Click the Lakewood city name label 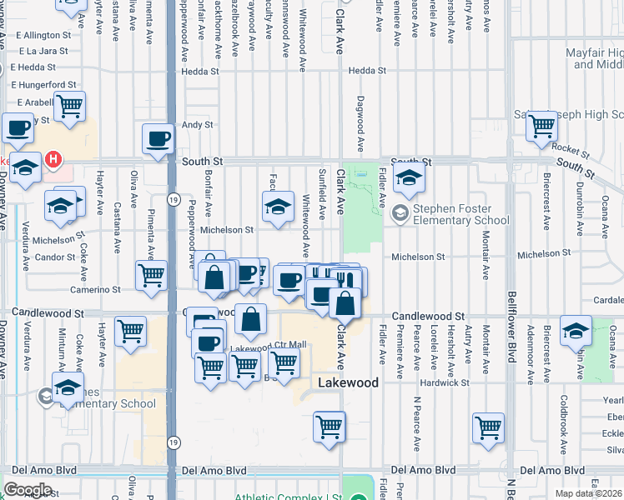pos(349,382)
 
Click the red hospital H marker pos(53,158)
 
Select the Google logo pos(28,490)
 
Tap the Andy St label pos(198,125)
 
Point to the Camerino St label pos(99,289)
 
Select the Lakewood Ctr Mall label pos(269,345)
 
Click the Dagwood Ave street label pos(360,123)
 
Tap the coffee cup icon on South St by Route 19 pos(157,139)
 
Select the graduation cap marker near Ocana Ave pos(576,332)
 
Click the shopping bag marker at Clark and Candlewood pos(345,302)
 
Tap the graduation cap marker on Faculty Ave pos(278,208)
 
